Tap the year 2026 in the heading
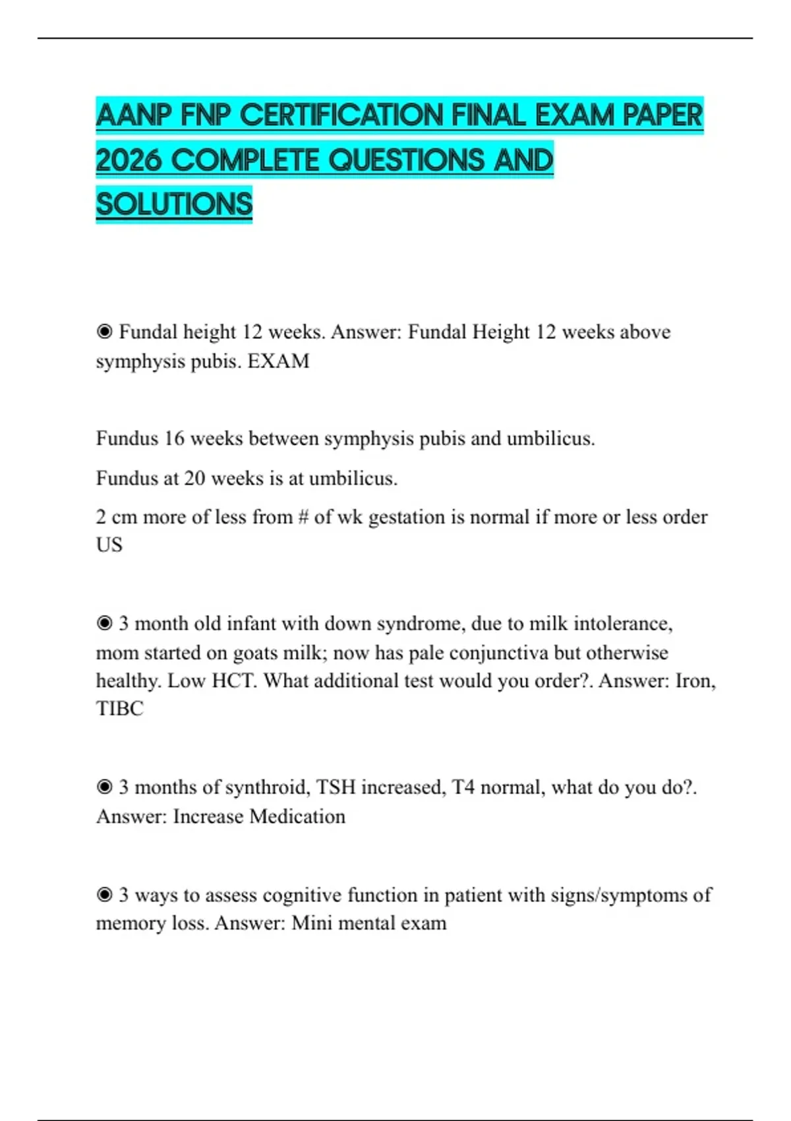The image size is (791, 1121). (129, 160)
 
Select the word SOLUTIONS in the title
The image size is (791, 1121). (174, 204)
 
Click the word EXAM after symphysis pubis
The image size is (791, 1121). (278, 361)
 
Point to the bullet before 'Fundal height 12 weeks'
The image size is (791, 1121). (104, 332)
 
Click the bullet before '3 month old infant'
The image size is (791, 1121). (104, 623)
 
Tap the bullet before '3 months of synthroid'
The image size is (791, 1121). (104, 787)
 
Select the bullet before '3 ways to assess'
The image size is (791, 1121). (104, 895)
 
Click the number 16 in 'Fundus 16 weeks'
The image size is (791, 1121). (174, 439)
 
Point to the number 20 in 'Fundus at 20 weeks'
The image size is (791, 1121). (194, 478)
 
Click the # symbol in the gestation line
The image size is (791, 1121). (303, 517)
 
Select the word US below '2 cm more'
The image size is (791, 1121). (109, 545)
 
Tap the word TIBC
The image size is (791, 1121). (119, 708)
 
